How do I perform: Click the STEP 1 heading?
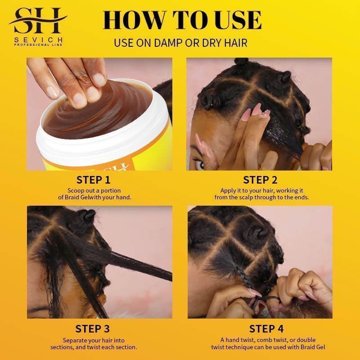(x=93, y=180)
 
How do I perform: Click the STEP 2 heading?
(x=260, y=180)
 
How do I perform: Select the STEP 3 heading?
(x=93, y=328)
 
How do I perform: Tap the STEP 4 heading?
(x=260, y=328)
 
